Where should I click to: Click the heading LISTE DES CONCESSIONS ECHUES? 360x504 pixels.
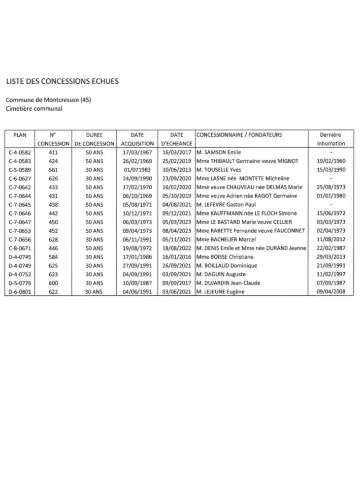click(x=62, y=81)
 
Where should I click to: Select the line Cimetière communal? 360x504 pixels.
click(x=34, y=108)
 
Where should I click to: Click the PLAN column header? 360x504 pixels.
click(x=21, y=134)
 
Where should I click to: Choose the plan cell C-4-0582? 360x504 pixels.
click(x=20, y=153)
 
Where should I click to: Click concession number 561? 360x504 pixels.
click(x=54, y=169)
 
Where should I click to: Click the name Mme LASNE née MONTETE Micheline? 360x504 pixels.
click(x=242, y=178)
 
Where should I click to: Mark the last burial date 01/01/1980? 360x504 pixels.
click(x=331, y=195)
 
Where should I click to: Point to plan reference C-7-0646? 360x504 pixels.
click(x=20, y=213)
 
